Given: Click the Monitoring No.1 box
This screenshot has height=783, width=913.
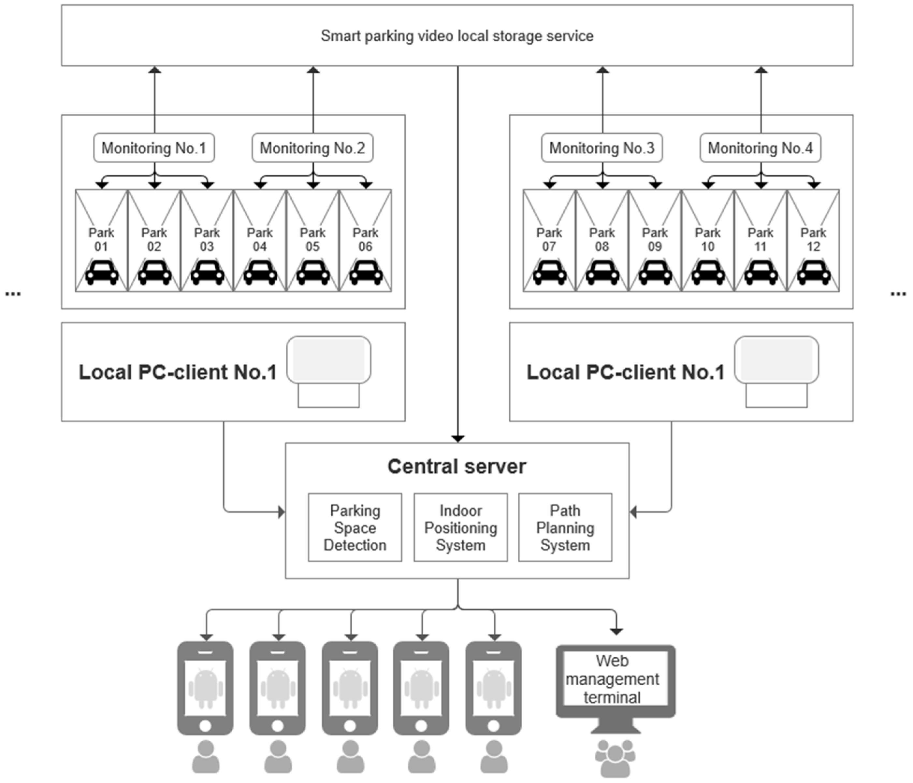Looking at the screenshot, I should tap(154, 148).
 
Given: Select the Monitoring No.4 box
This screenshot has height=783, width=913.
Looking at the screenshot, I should tap(760, 148).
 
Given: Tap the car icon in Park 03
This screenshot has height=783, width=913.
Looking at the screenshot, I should tap(207, 273).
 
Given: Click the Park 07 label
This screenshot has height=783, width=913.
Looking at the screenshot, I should tap(549, 239).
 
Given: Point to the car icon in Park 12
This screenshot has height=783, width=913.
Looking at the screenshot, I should tap(813, 273).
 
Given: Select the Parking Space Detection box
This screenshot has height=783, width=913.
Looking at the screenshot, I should tap(355, 527).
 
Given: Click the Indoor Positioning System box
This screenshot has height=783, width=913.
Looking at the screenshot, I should tap(460, 527).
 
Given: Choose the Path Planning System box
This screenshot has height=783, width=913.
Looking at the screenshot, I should tap(565, 527).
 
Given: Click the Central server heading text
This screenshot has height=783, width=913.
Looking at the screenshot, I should tap(457, 466).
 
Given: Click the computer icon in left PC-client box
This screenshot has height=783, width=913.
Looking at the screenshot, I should tap(329, 371).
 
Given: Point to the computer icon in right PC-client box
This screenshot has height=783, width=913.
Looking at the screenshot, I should tap(776, 371).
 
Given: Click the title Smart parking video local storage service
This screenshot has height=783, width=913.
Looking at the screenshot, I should tap(457, 36).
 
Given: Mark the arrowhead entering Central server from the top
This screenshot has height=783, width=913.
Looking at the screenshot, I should tap(458, 439).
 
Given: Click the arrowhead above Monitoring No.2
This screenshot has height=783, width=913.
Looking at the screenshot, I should tap(313, 70).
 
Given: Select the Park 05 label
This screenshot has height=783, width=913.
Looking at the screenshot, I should tap(312, 239).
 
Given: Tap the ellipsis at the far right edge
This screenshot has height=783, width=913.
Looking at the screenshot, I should tap(898, 293).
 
